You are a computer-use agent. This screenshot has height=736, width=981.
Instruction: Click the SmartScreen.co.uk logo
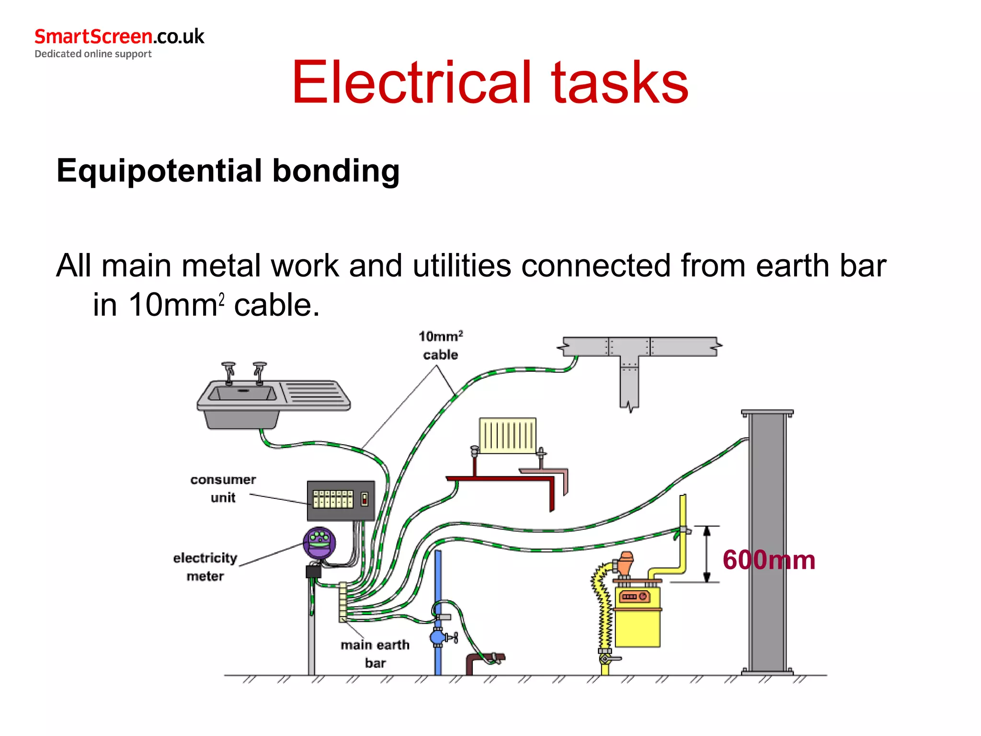click(119, 37)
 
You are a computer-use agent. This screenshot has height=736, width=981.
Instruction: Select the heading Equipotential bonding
click(228, 171)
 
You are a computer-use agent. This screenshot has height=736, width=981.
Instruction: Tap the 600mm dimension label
click(768, 560)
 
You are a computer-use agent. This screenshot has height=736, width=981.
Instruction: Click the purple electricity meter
click(319, 543)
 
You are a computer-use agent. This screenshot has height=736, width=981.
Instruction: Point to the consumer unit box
click(341, 501)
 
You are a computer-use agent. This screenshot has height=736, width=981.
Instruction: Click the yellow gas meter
click(638, 618)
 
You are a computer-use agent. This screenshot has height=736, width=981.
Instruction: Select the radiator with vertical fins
click(508, 436)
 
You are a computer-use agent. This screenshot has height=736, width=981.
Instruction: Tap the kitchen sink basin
click(243, 394)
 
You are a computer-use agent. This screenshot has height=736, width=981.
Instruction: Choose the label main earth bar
click(375, 654)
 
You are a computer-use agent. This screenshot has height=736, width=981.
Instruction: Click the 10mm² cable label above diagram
click(441, 345)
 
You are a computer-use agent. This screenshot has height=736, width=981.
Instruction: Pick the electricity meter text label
click(205, 567)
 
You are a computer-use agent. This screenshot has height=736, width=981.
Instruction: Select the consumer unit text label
click(223, 488)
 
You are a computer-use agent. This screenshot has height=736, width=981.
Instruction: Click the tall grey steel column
click(767, 541)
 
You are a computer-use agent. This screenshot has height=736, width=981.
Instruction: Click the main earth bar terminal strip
click(343, 602)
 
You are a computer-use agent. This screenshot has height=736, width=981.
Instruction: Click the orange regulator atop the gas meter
click(625, 563)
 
